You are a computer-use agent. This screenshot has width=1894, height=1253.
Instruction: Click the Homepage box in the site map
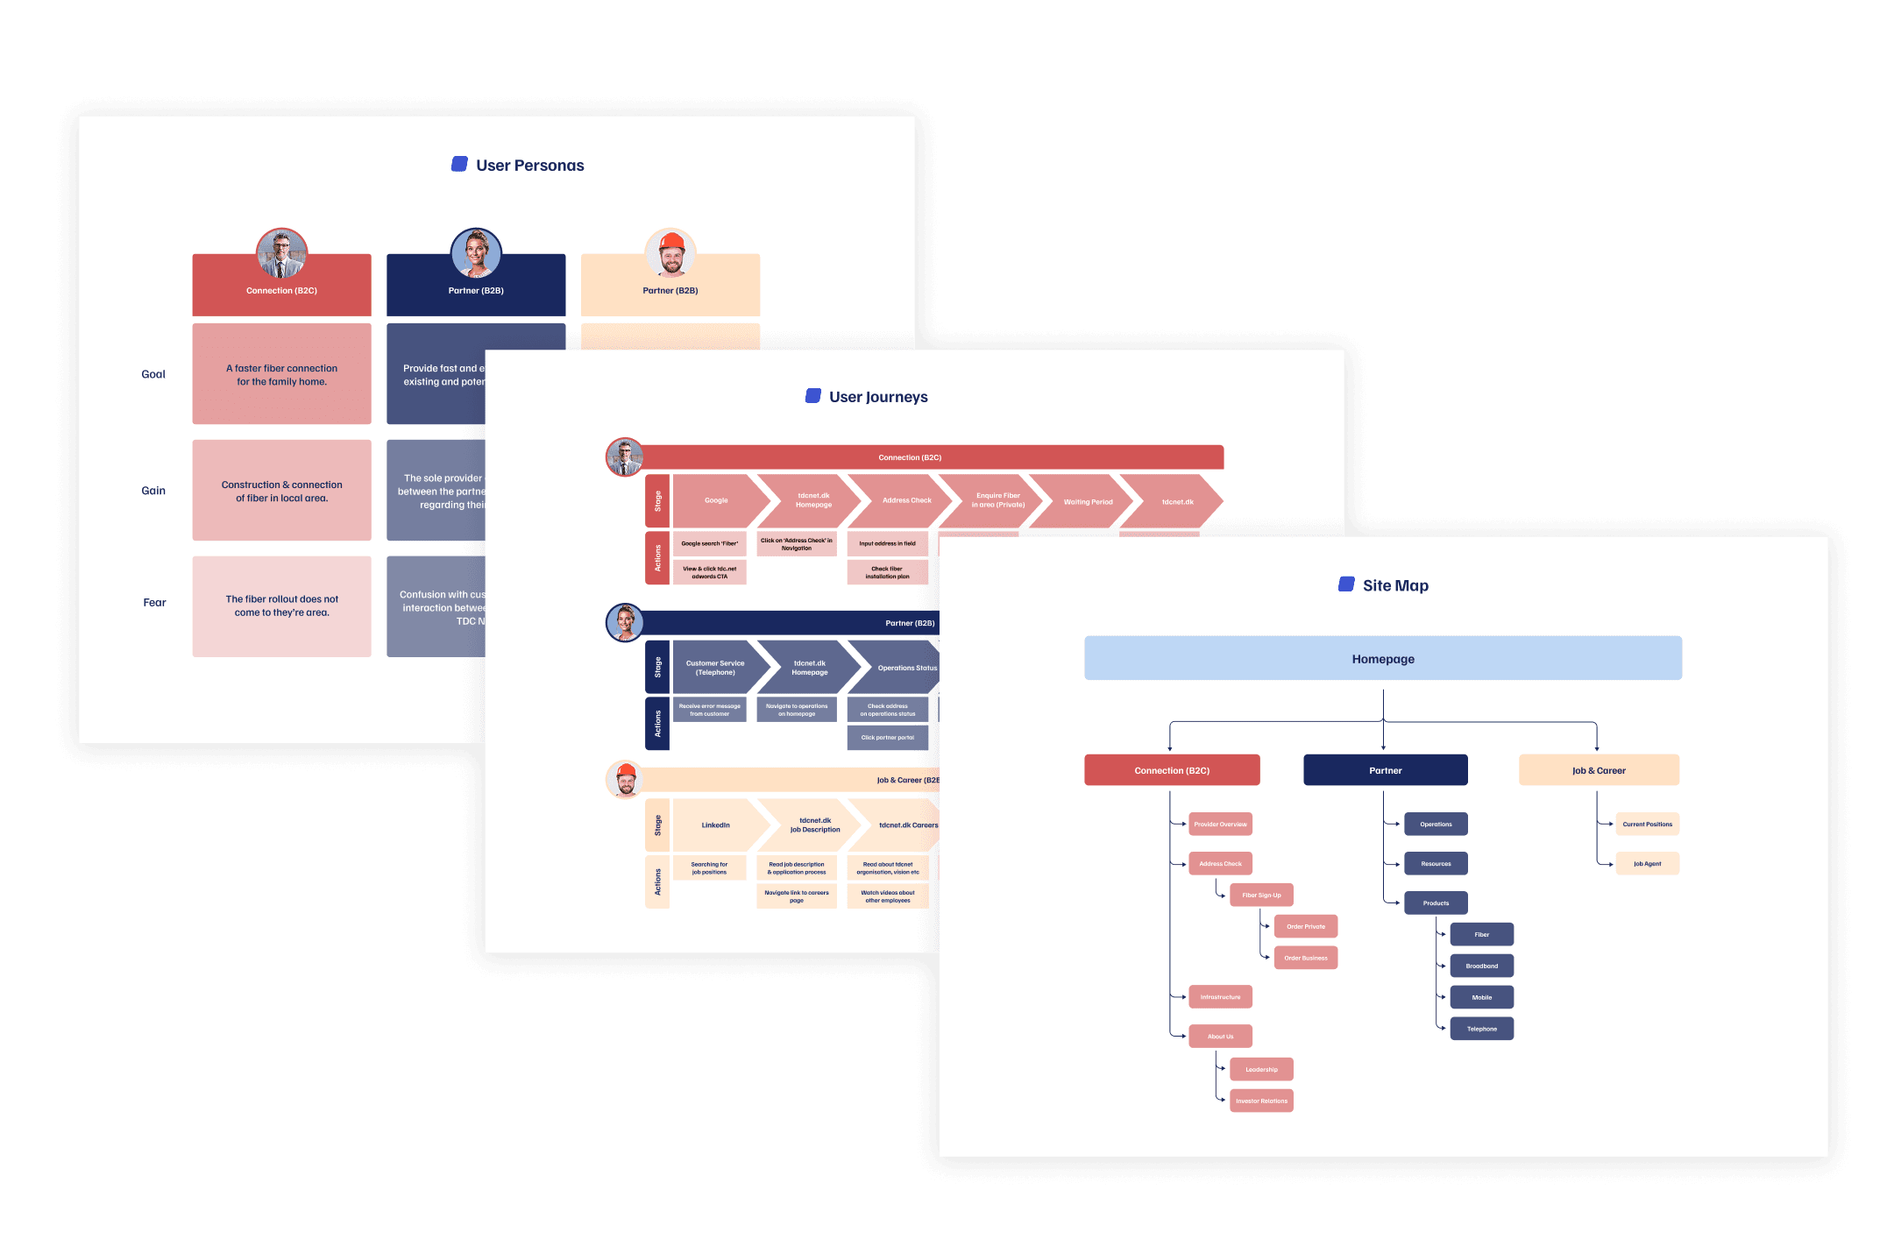coord(1382,658)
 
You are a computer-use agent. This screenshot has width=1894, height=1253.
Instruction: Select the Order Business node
coord(1305,958)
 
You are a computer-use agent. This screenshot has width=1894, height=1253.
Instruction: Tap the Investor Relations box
coord(1261,1101)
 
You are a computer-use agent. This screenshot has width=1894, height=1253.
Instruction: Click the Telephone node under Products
coord(1481,1029)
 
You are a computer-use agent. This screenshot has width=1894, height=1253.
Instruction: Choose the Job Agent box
coord(1647,863)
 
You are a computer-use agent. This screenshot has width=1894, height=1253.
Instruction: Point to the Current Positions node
coord(1647,824)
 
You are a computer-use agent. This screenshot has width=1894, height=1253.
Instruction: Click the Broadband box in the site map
coord(1481,966)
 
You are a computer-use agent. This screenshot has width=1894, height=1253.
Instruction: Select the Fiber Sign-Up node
coord(1261,895)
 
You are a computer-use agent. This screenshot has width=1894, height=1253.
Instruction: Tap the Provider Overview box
coord(1220,824)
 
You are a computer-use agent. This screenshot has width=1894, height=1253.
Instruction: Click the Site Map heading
coord(1394,585)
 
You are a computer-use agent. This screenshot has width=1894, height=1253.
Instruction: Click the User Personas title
coord(529,166)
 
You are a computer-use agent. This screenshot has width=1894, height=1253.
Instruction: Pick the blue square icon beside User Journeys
coord(812,396)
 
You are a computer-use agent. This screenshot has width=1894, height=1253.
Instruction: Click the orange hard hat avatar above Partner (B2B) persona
coord(670,253)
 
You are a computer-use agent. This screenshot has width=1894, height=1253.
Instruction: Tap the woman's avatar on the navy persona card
coord(476,253)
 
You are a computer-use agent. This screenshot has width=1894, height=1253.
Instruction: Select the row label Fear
coord(154,603)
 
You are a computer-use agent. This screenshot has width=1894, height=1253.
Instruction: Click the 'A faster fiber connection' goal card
coord(281,374)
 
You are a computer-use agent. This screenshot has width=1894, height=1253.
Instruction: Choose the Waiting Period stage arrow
coord(1085,502)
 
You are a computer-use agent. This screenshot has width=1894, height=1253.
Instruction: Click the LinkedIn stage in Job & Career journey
coord(715,825)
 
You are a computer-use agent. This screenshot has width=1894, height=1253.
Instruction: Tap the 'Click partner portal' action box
coord(887,737)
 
